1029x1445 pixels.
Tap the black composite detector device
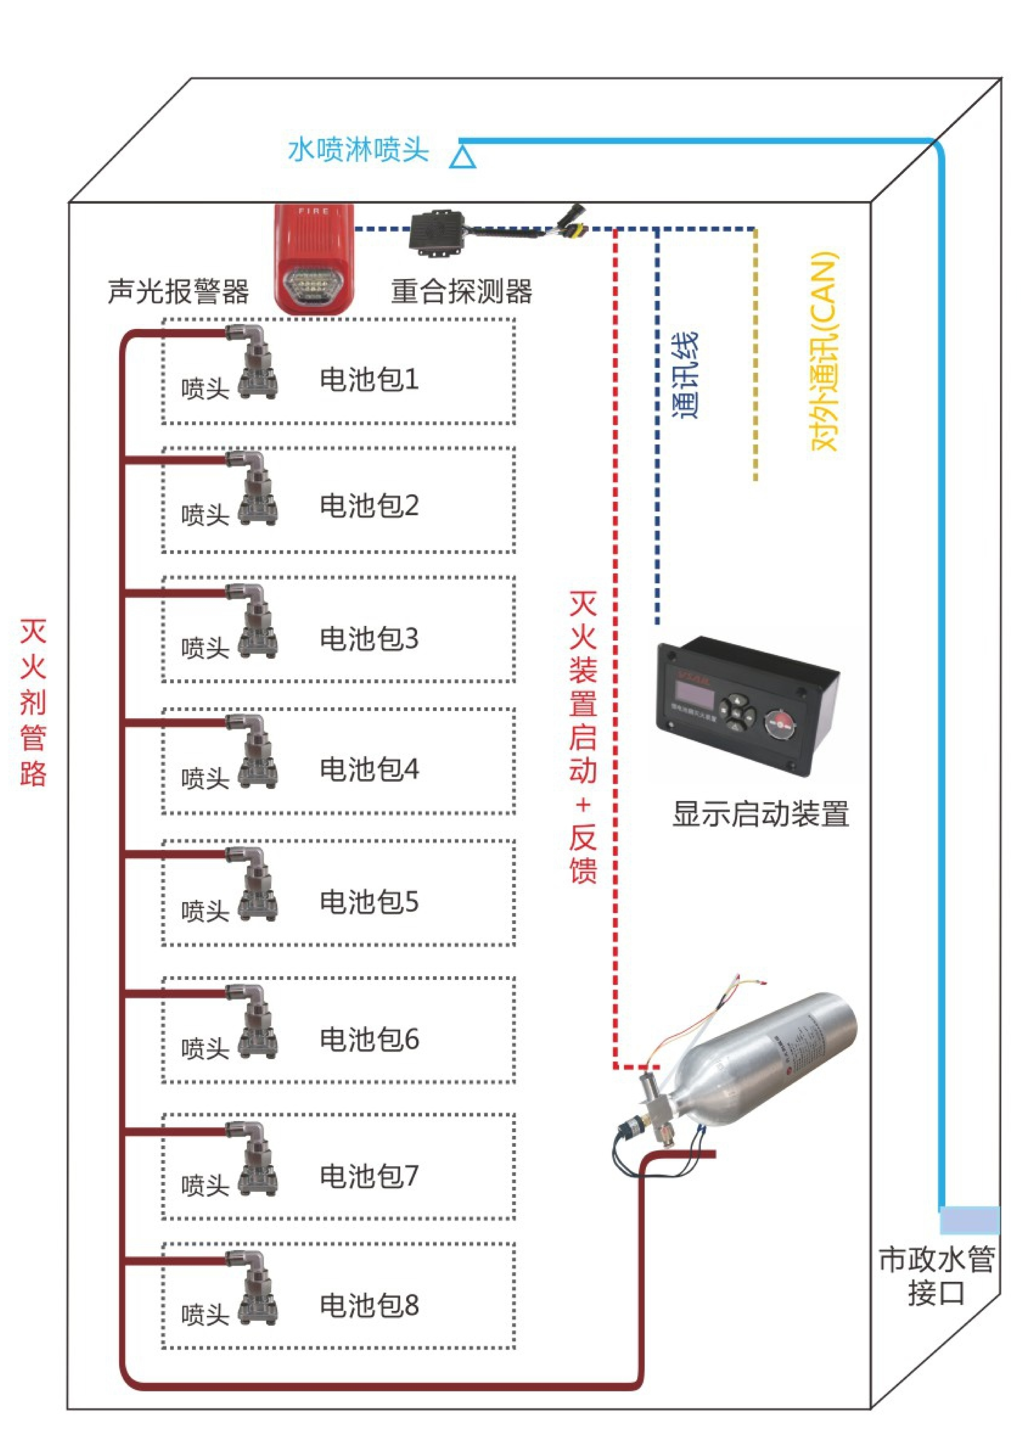tap(437, 233)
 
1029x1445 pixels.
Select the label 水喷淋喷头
tap(359, 150)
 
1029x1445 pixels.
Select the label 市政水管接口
tap(936, 1275)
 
